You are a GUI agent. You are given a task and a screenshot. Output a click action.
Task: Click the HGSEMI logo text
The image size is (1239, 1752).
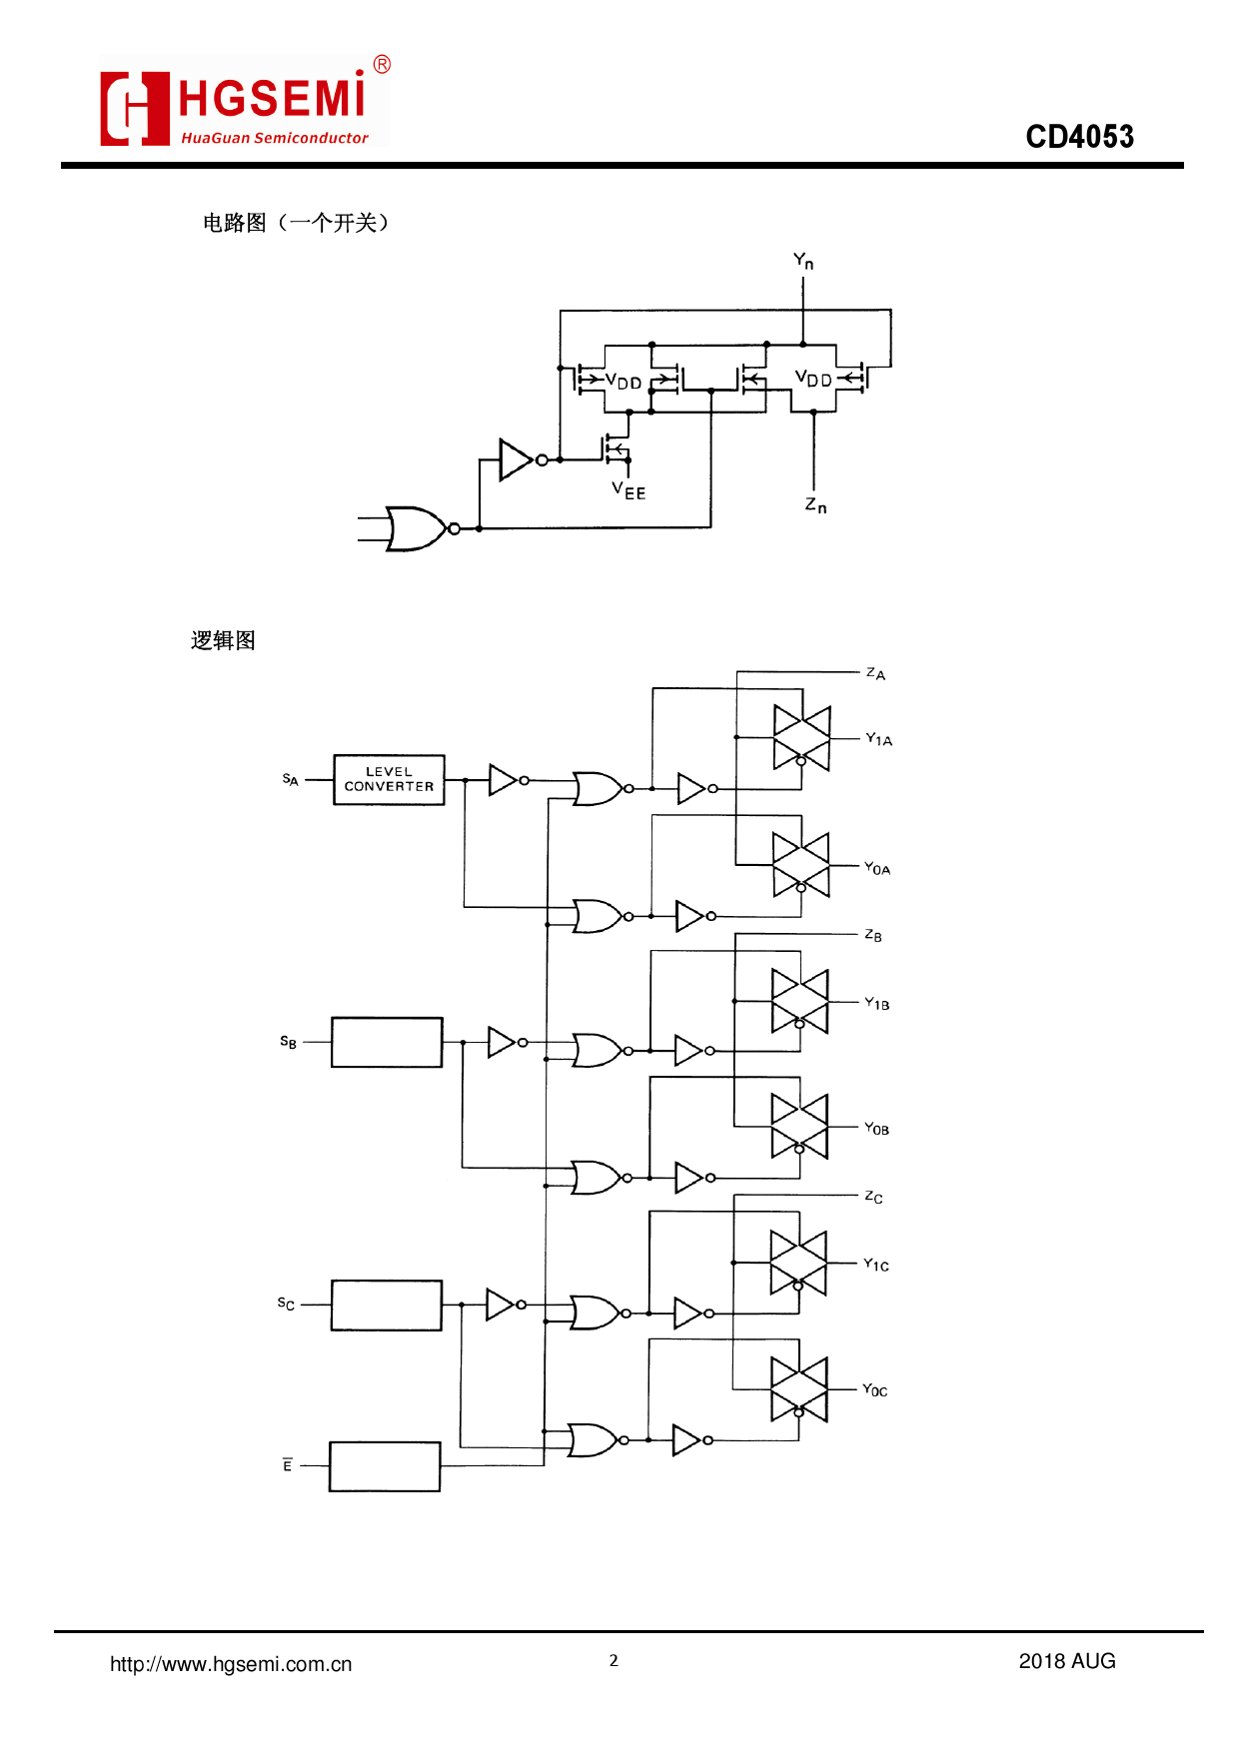pyautogui.click(x=272, y=100)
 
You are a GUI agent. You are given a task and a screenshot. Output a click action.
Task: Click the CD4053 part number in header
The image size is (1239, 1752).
pyautogui.click(x=1079, y=137)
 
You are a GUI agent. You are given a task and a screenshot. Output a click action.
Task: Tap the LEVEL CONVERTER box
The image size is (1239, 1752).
pyautogui.click(x=389, y=779)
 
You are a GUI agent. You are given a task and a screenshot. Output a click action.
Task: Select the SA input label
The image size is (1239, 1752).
pyautogui.click(x=290, y=779)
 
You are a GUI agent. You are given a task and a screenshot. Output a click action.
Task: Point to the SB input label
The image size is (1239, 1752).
pyautogui.click(x=288, y=1042)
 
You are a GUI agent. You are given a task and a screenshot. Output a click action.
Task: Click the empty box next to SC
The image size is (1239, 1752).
pyautogui.click(x=386, y=1305)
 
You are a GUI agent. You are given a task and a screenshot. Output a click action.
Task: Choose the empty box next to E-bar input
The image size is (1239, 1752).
pyautogui.click(x=385, y=1466)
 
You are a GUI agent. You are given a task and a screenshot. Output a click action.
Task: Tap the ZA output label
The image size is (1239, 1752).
pyautogui.click(x=875, y=673)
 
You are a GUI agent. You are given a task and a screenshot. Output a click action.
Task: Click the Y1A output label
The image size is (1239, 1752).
pyautogui.click(x=878, y=739)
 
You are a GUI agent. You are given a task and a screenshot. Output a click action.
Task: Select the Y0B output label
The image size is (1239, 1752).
pyautogui.click(x=876, y=1129)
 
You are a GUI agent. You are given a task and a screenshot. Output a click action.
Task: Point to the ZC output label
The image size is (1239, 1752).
pyautogui.click(x=873, y=1197)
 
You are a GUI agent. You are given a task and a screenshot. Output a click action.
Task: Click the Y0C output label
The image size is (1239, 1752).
pyautogui.click(x=874, y=1389)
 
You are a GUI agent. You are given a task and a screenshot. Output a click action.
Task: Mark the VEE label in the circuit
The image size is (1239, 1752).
pyautogui.click(x=628, y=490)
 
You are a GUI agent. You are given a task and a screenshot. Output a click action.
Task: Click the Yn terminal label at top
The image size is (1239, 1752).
pyautogui.click(x=803, y=262)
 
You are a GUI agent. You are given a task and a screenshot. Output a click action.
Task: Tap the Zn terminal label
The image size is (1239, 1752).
pyautogui.click(x=815, y=506)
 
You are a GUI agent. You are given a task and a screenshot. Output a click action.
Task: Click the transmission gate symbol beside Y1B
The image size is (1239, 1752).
pyautogui.click(x=799, y=1001)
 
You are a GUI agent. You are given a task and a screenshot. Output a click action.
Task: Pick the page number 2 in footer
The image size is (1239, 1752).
pyautogui.click(x=614, y=1660)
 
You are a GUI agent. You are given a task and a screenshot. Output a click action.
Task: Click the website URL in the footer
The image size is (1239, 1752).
pyautogui.click(x=231, y=1664)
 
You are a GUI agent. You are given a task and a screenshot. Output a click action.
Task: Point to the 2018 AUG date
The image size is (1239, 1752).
pyautogui.click(x=1066, y=1661)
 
